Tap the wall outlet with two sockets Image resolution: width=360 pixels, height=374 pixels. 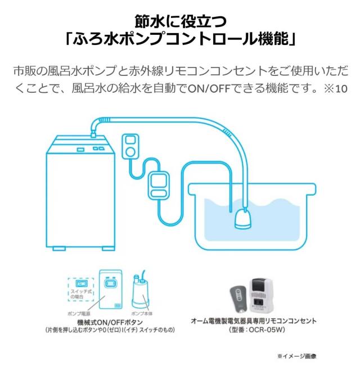click(130, 145)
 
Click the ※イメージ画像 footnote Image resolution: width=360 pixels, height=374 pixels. click(297, 356)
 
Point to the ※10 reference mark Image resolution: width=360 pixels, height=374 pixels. click(337, 89)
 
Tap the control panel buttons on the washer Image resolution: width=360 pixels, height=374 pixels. click(98, 149)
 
